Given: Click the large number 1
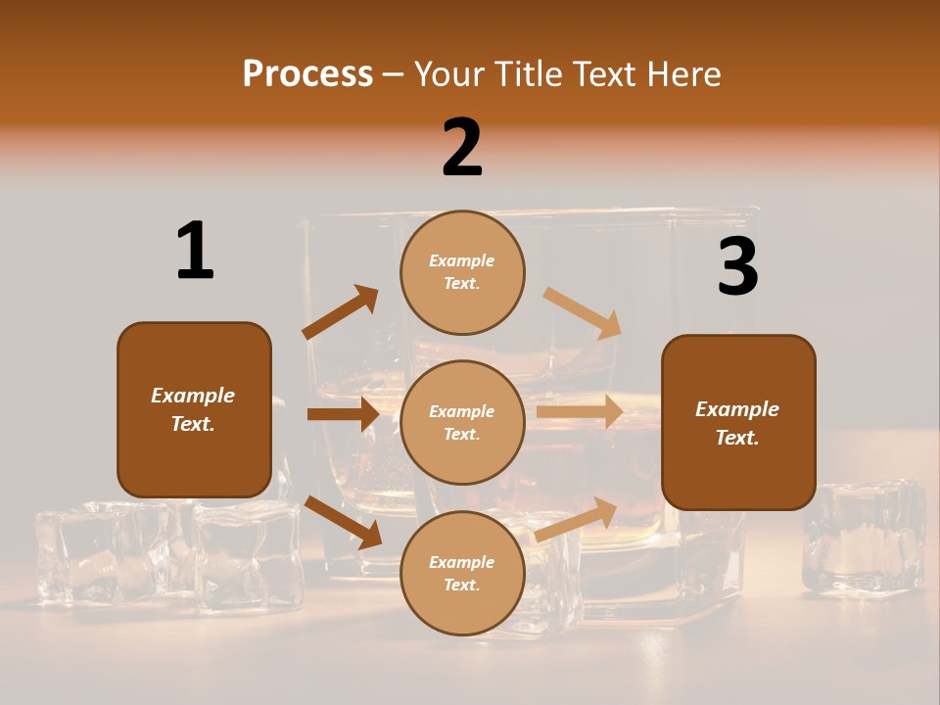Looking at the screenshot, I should click(x=195, y=251).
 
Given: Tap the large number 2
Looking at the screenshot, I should click(x=462, y=148).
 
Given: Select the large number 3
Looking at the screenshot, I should click(x=737, y=267).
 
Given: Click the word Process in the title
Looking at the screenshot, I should click(x=307, y=73).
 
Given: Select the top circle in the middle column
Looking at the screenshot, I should click(x=462, y=272).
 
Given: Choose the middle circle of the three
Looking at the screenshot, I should click(x=462, y=422).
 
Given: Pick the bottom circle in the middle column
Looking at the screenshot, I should click(x=462, y=573).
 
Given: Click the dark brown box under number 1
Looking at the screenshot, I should click(x=194, y=409).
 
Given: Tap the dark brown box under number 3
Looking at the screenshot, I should click(x=738, y=422).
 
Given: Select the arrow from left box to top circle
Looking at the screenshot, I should click(x=341, y=312).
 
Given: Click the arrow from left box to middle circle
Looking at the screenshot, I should click(x=343, y=414).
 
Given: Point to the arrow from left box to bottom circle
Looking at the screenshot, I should click(x=344, y=522).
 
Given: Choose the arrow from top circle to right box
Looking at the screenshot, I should click(x=583, y=313).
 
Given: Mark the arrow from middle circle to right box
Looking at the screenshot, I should click(x=580, y=412).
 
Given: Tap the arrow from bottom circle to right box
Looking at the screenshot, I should click(x=577, y=519).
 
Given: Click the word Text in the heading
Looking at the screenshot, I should click(x=607, y=73).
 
